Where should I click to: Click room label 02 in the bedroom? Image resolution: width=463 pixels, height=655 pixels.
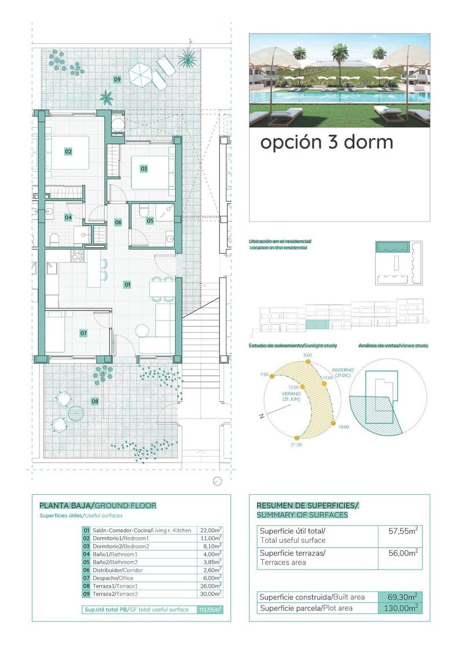pyautogui.click(x=68, y=151)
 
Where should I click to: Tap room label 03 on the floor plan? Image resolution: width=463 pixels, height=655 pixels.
pyautogui.click(x=144, y=169)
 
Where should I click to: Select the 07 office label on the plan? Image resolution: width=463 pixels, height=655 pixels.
pyautogui.click(x=83, y=333)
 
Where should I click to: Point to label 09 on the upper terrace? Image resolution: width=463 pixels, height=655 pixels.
pyautogui.click(x=117, y=79)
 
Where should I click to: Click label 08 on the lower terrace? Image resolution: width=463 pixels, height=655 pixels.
pyautogui.click(x=95, y=401)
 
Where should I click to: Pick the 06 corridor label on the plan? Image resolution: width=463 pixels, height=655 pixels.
pyautogui.click(x=118, y=222)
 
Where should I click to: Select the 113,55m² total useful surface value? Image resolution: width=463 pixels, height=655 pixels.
pyautogui.click(x=210, y=609)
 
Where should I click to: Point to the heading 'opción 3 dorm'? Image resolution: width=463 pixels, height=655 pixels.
pyautogui.click(x=326, y=142)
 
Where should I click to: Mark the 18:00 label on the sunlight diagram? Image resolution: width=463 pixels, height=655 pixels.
pyautogui.click(x=343, y=427)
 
